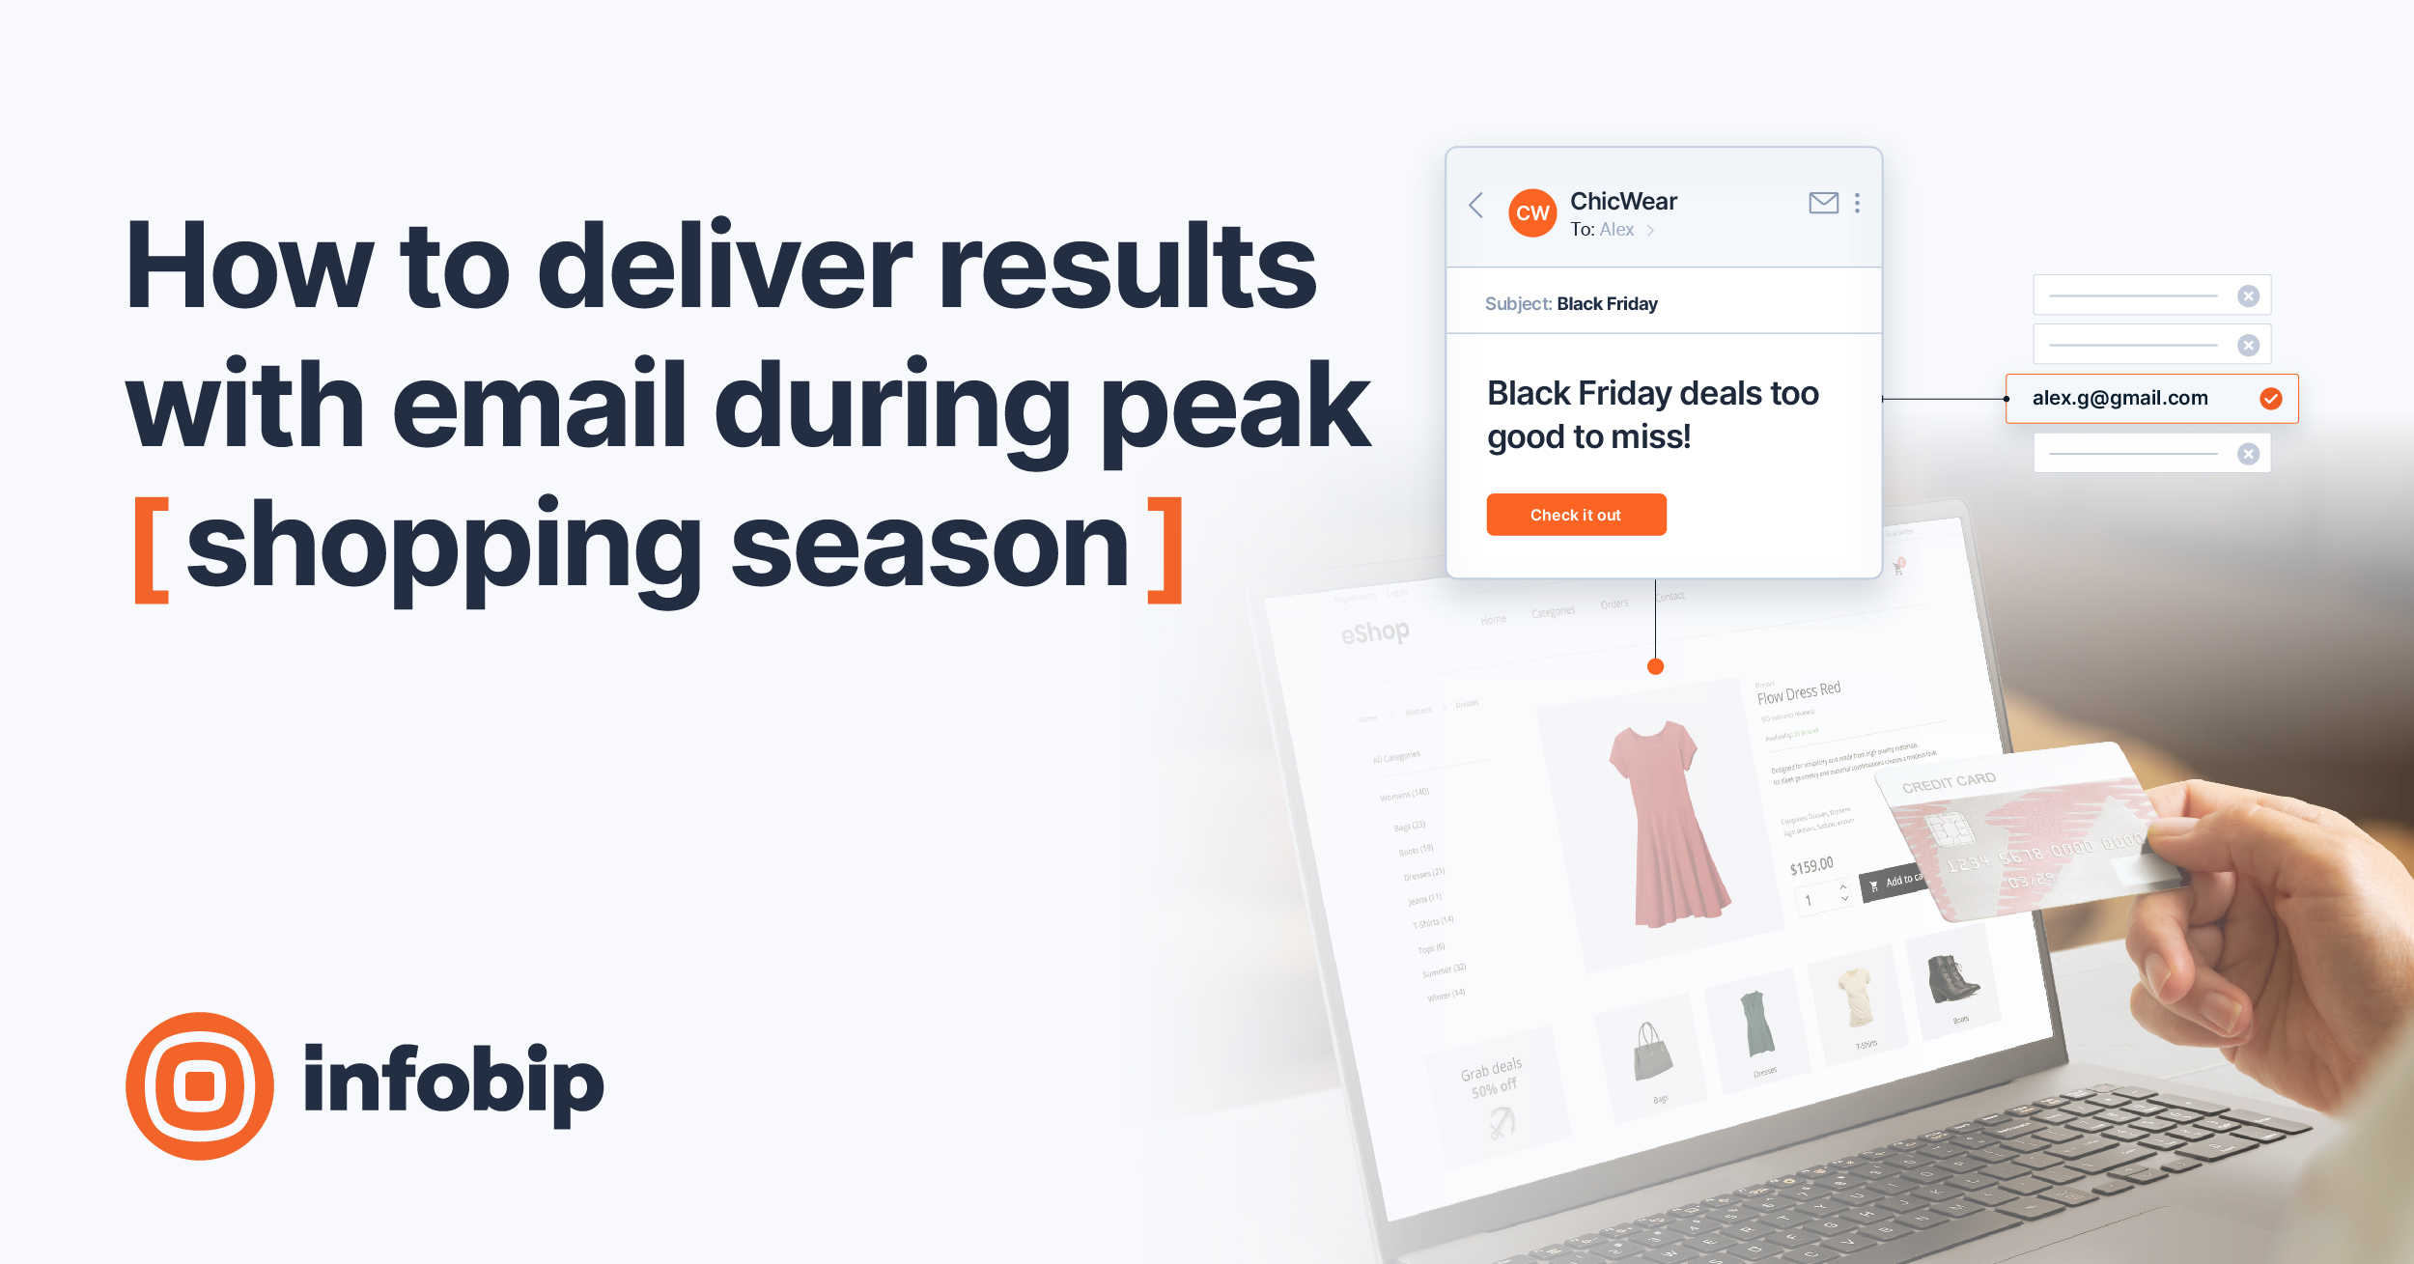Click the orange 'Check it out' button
[x=1576, y=515]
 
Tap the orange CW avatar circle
[x=1532, y=213]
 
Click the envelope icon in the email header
[x=1823, y=203]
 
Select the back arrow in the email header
[x=1476, y=205]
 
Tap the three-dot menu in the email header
[x=1857, y=203]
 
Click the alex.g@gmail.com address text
[x=2119, y=398]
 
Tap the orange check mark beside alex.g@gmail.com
[x=2271, y=399]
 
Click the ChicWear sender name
[x=1623, y=201]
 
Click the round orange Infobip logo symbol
[x=200, y=1085]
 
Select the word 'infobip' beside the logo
[x=453, y=1082]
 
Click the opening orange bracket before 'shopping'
[x=152, y=551]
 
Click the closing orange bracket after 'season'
[x=1166, y=551]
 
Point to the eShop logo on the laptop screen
[x=1375, y=633]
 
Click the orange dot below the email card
[x=1655, y=666]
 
